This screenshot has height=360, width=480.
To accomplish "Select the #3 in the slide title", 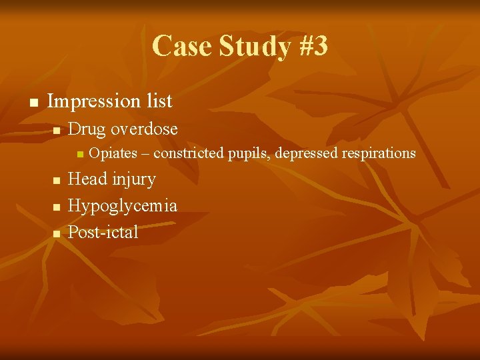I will (309, 47).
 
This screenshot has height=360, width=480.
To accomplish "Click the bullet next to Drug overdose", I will (57, 129).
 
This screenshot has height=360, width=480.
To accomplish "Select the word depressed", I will (304, 153).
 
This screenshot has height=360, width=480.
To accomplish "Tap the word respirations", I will (376, 154).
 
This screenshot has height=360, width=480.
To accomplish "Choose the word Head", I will (87, 179).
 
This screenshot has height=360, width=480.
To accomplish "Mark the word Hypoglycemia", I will (123, 206).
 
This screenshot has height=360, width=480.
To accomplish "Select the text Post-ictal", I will (103, 232).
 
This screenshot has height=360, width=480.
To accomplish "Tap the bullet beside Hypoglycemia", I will (57, 207).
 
